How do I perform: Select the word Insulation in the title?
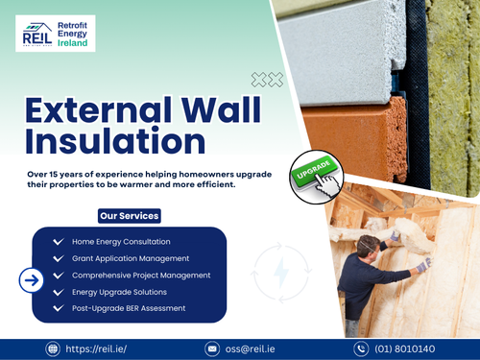pyautogui.click(x=115, y=141)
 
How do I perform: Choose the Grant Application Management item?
pyautogui.click(x=131, y=258)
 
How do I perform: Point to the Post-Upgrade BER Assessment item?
pyautogui.click(x=130, y=308)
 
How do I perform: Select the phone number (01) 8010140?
pyautogui.click(x=407, y=348)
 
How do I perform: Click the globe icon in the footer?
pyautogui.click(x=53, y=348)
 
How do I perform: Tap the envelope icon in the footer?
pyautogui.click(x=203, y=348)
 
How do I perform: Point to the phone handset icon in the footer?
pyautogui.click(x=361, y=348)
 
